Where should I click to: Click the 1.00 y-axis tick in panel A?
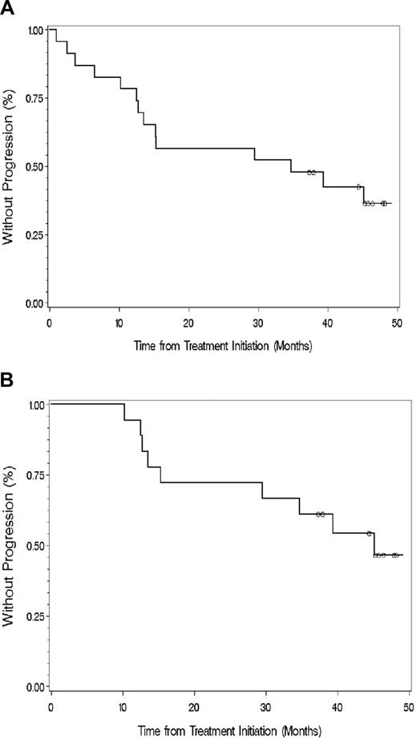tap(35, 31)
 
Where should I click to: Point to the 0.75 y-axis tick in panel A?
tap(35, 99)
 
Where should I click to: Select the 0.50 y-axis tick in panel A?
tap(35, 167)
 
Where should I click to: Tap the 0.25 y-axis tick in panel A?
tap(35, 235)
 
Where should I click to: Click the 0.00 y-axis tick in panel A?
tap(35, 303)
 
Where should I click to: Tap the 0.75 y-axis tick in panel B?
tap(35, 475)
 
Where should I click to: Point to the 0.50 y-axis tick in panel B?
tap(35, 546)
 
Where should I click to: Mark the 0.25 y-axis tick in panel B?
tap(35, 617)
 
